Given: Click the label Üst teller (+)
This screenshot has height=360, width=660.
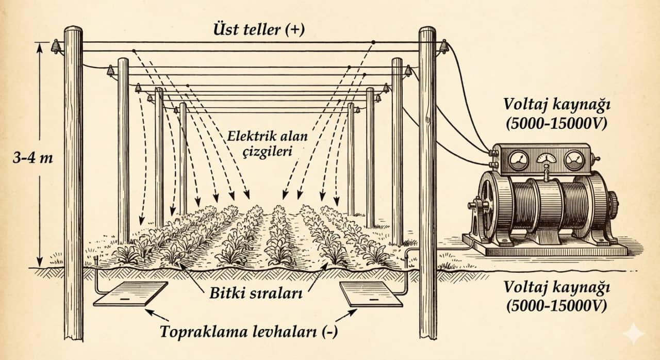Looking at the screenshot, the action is click(x=259, y=30).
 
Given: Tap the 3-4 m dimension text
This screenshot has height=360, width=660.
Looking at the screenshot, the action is click(x=32, y=158).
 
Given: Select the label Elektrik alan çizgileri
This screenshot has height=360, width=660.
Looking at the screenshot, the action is click(x=267, y=144).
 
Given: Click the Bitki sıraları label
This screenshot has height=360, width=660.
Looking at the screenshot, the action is click(x=256, y=293).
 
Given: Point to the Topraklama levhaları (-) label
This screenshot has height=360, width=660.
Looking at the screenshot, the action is click(x=249, y=332).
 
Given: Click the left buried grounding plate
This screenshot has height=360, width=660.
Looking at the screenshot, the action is click(x=131, y=293).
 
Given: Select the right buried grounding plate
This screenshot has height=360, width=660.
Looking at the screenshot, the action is click(x=371, y=294).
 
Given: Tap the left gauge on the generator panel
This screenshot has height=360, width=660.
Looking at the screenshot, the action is click(x=519, y=160).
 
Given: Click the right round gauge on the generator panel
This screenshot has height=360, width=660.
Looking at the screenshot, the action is click(x=574, y=160).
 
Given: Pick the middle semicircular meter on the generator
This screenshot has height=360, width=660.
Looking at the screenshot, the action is click(x=547, y=158).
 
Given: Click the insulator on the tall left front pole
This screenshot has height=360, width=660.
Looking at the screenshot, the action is click(x=55, y=47).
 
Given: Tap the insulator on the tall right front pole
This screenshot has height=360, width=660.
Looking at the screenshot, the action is click(x=443, y=47).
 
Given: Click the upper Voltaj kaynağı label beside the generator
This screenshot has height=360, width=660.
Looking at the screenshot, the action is click(x=556, y=113).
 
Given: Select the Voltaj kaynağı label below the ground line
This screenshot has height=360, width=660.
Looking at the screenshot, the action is click(x=556, y=297).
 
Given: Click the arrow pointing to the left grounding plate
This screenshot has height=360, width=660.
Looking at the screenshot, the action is click(x=157, y=315).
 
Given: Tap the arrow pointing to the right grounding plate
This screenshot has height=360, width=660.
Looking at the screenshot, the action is click(x=346, y=315).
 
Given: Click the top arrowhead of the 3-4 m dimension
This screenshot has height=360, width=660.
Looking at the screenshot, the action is click(x=40, y=47).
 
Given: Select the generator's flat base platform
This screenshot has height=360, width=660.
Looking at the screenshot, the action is click(x=544, y=246).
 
